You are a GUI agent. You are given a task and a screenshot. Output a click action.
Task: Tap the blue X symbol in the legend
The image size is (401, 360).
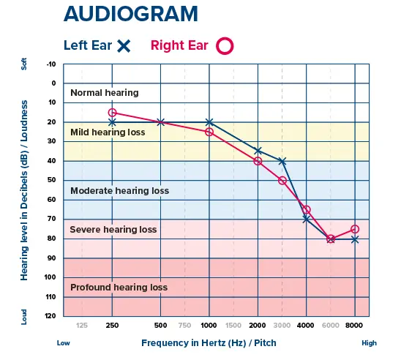(x=124, y=45)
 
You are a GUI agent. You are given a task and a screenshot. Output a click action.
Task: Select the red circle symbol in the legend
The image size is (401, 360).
(x=225, y=45)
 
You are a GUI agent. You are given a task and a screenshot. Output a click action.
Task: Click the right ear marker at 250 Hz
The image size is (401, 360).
(x=112, y=113)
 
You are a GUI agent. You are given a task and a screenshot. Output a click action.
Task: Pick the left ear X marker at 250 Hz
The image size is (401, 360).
(x=112, y=122)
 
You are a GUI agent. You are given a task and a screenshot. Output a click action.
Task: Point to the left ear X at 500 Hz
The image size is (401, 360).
(x=161, y=122)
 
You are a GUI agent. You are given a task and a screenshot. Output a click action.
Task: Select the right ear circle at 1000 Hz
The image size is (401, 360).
(x=209, y=132)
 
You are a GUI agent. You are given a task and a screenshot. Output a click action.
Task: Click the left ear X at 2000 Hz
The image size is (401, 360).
(x=258, y=151)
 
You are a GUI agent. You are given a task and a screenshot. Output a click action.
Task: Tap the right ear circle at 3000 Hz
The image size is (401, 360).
(x=282, y=180)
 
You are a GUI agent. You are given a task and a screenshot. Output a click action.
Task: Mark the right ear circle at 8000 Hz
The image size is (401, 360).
(x=355, y=229)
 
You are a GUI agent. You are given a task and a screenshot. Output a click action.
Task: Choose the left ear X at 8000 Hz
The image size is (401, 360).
(x=355, y=239)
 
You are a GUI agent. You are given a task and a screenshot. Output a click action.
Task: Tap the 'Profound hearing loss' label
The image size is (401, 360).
(x=119, y=288)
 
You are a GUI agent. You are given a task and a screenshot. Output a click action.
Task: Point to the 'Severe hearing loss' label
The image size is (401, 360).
(x=113, y=230)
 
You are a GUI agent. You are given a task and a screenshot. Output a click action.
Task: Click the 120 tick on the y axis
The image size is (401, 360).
(x=50, y=316)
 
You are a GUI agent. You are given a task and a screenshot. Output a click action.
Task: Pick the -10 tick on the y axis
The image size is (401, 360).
(x=50, y=64)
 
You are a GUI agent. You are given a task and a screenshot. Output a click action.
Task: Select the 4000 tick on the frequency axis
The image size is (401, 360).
(x=306, y=325)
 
